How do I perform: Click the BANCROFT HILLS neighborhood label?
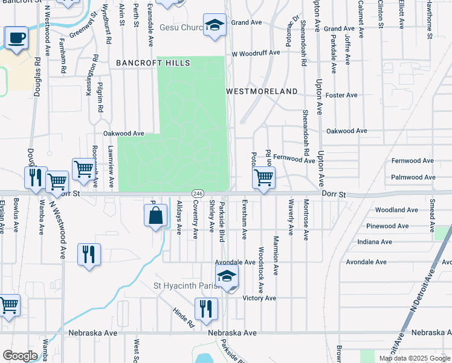(153, 63)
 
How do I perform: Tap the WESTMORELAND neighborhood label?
(262, 91)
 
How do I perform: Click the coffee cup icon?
(16, 39)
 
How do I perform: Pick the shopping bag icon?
(156, 215)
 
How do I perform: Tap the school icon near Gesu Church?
(215, 25)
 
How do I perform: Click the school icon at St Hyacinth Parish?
(227, 276)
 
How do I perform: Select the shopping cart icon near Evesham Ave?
(263, 178)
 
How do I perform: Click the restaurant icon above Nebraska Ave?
(206, 309)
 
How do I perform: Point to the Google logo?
(21, 356)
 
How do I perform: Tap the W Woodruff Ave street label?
(256, 53)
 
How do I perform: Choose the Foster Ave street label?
(341, 95)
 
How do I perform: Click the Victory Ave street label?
(259, 298)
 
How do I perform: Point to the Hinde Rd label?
(183, 316)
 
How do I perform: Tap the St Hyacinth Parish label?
(182, 286)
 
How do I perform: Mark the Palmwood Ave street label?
(413, 177)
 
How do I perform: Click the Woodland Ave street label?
(396, 210)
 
